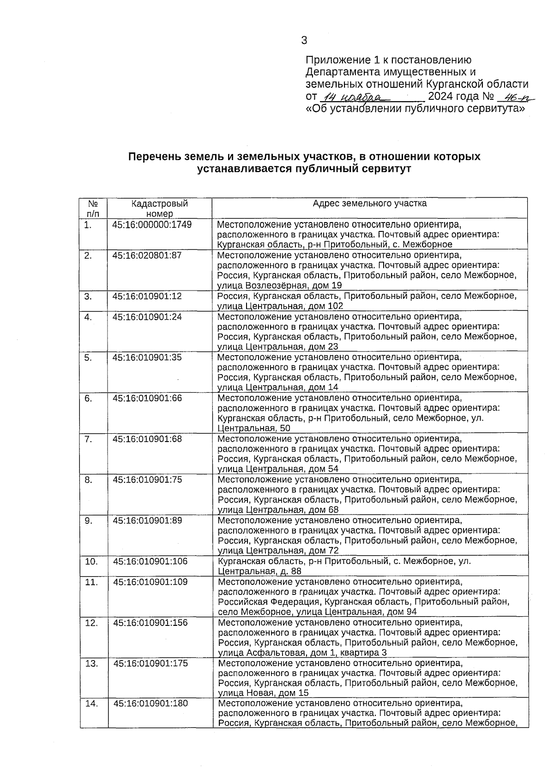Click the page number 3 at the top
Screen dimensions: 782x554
coord(304,41)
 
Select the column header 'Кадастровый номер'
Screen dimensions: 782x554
coord(159,208)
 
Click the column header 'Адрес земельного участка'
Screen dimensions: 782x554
coord(369,203)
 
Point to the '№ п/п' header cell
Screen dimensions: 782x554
coord(93,208)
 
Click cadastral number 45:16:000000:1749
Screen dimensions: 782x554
coord(152,225)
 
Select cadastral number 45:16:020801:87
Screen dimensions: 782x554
coord(147,255)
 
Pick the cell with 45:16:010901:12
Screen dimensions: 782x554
coord(147,296)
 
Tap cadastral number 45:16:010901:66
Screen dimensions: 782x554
coord(147,398)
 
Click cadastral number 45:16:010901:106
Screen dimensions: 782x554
coord(150,561)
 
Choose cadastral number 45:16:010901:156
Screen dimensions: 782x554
coord(150,623)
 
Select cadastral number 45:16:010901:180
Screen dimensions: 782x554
coord(151,703)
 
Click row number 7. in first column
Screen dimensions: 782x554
coord(88,439)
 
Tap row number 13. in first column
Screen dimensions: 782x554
coord(92,663)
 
